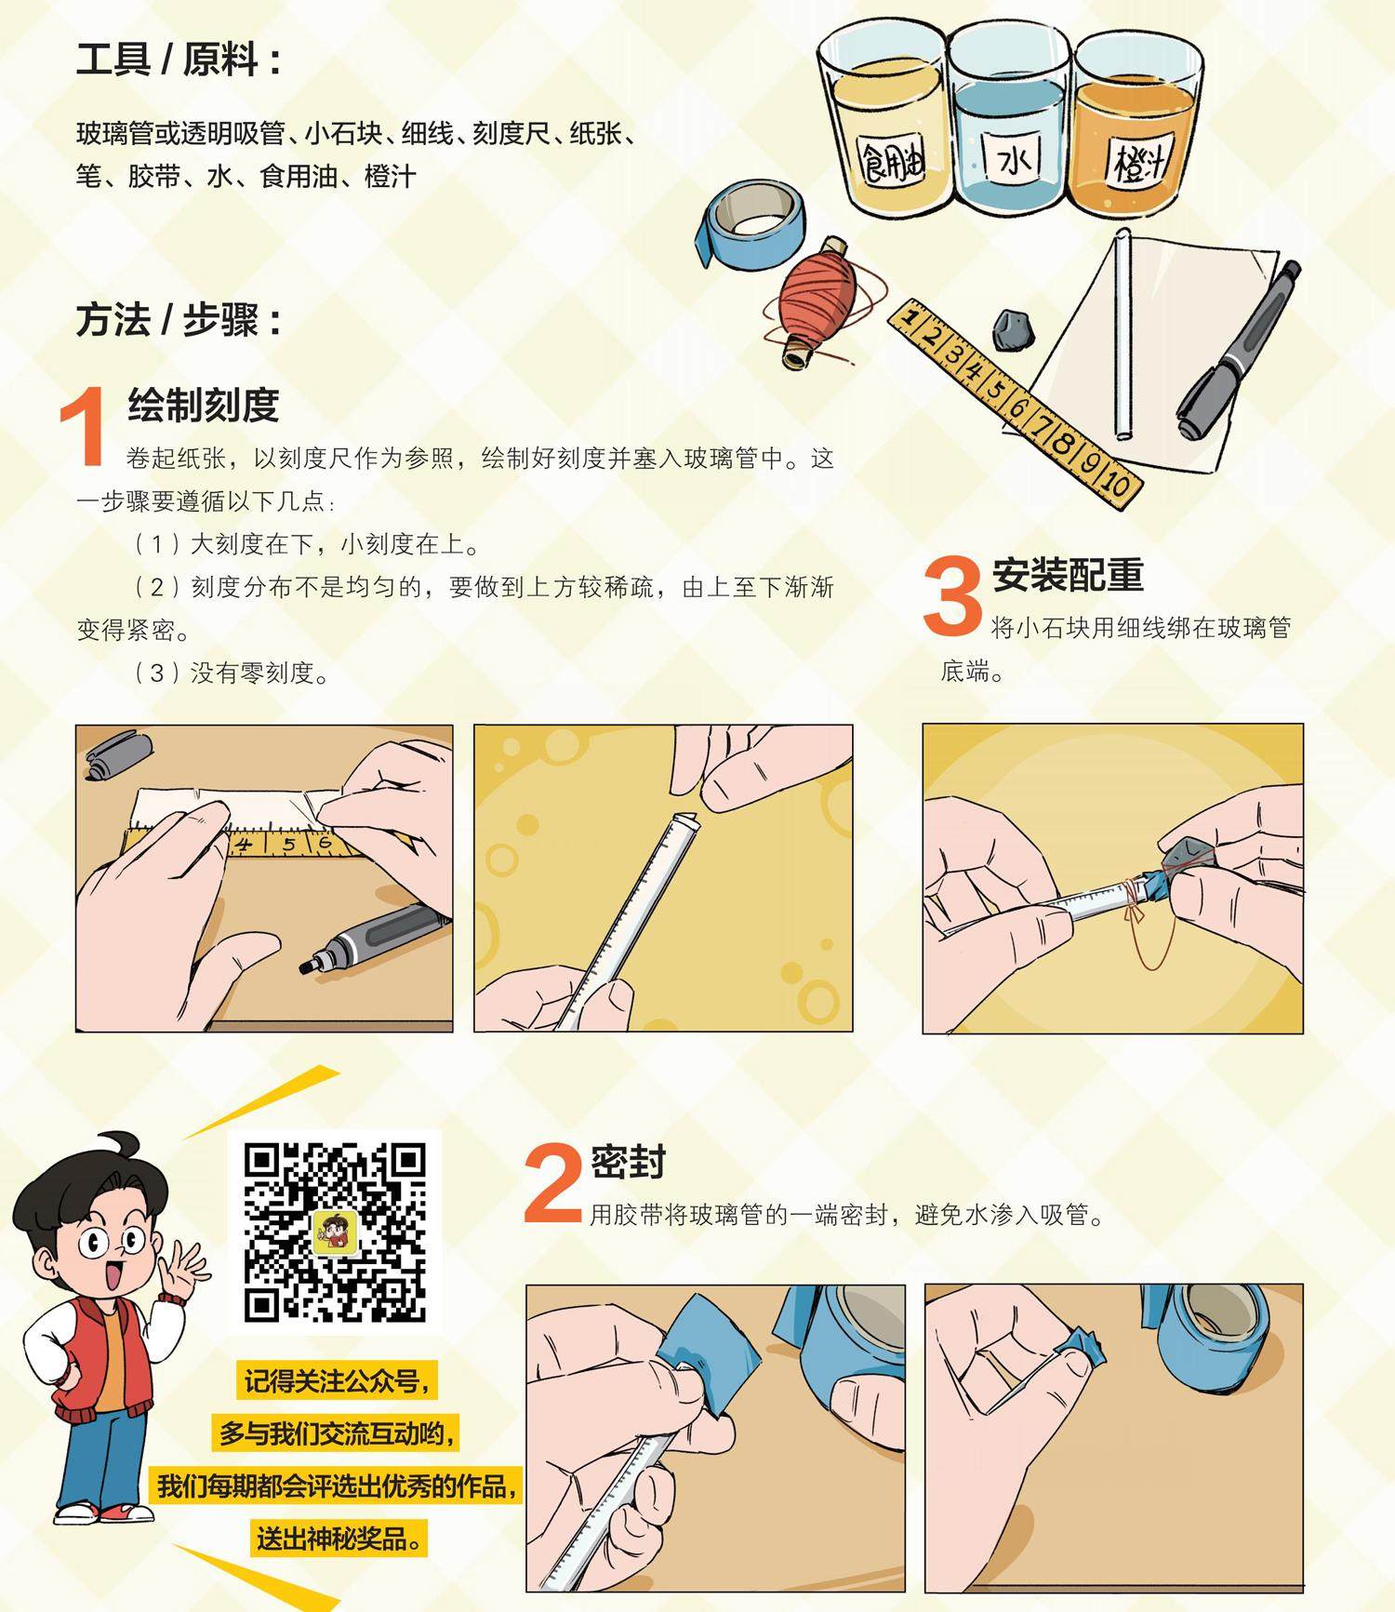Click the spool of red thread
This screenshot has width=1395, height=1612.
coord(816,300)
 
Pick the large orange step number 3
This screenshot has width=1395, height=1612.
coord(953,597)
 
